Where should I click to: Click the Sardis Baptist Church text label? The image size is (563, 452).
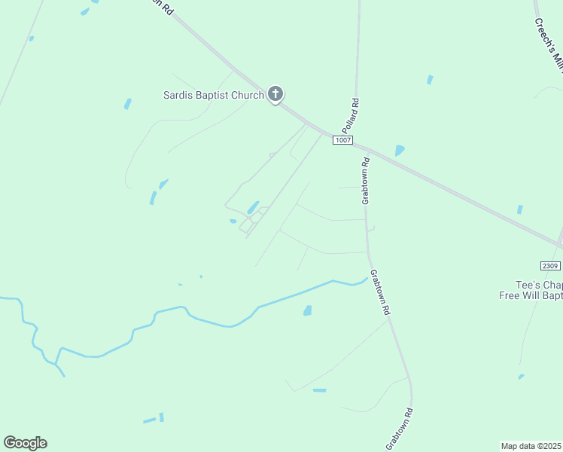click(214, 95)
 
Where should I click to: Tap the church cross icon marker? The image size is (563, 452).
click(275, 94)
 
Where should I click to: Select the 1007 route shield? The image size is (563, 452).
click(343, 141)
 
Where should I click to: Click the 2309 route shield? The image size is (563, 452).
click(551, 266)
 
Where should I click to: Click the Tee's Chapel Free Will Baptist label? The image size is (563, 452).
click(531, 290)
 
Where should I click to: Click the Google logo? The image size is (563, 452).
click(25, 443)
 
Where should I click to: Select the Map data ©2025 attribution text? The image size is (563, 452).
click(531, 445)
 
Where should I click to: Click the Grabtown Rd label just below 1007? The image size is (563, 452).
click(366, 181)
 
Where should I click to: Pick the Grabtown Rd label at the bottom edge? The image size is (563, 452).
click(400, 429)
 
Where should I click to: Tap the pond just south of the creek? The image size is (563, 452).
click(307, 310)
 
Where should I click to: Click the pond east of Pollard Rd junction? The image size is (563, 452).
click(399, 151)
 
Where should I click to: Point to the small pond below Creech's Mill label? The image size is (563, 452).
click(430, 79)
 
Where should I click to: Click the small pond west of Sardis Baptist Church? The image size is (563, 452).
click(128, 104)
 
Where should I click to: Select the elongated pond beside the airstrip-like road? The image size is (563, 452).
click(254, 206)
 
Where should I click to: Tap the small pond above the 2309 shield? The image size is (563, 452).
click(519, 209)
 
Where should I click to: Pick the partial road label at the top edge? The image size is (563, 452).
click(163, 7)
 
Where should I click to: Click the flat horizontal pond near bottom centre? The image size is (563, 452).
click(320, 390)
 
